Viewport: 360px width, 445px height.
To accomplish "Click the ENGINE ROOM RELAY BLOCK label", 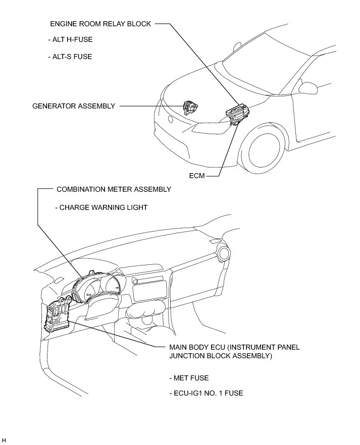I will click(100, 24).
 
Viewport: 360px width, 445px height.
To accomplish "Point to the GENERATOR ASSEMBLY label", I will click(74, 106).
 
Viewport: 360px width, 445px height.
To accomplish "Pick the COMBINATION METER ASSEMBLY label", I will click(114, 189).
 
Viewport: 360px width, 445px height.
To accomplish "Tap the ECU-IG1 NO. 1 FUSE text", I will click(207, 393).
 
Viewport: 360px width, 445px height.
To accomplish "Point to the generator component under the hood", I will click(190, 107).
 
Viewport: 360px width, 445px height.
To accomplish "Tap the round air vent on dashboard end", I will click(223, 251).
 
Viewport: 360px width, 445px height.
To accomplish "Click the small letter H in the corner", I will click(4, 440).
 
